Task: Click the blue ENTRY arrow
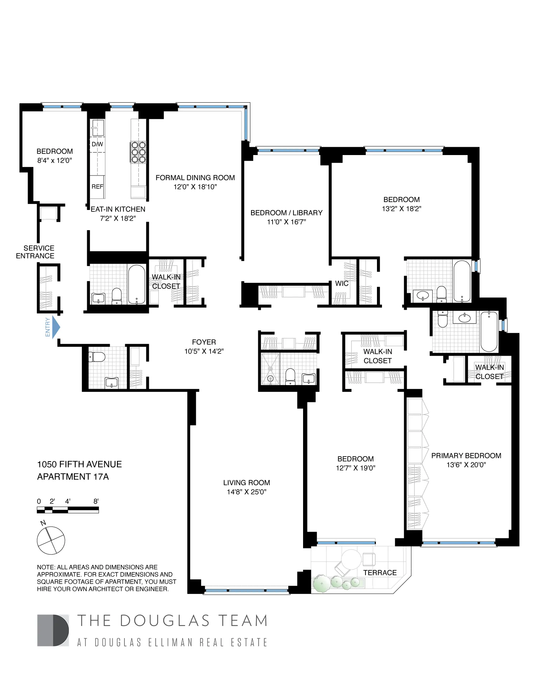click(56, 327)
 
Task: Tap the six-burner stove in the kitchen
click(138, 152)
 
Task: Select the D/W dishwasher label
click(97, 144)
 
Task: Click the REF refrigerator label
click(97, 187)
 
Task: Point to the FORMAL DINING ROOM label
click(195, 178)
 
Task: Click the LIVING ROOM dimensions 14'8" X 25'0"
click(246, 492)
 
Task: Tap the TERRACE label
click(380, 572)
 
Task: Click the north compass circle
click(51, 540)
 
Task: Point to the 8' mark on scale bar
click(96, 501)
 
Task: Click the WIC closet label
click(341, 284)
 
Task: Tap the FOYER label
click(204, 342)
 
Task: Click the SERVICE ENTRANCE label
click(36, 252)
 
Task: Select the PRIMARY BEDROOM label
click(466, 455)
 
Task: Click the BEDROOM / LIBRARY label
click(286, 213)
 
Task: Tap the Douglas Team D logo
click(53, 630)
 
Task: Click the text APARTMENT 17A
click(73, 477)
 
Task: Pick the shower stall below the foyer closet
click(270, 369)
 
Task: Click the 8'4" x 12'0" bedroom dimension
click(55, 160)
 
